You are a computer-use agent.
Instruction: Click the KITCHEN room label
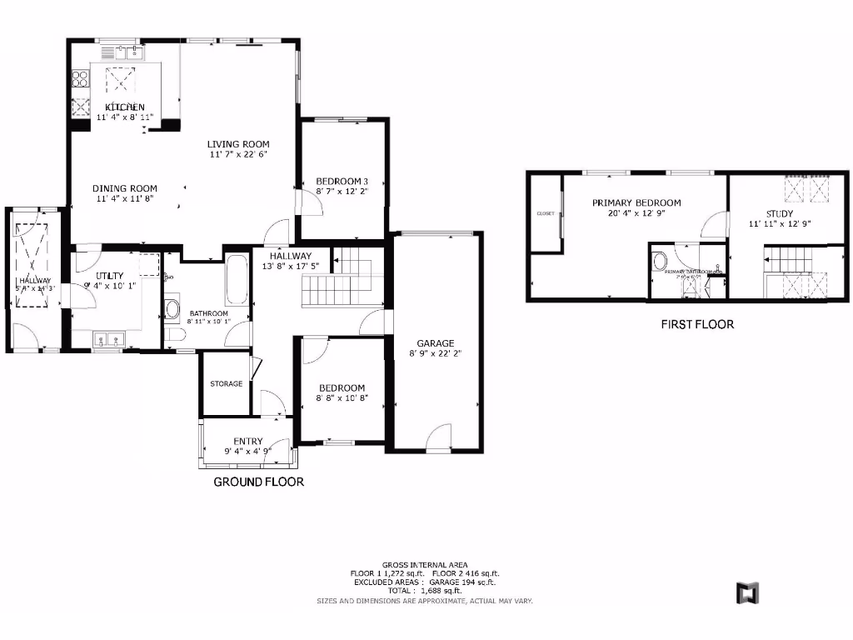point(125,107)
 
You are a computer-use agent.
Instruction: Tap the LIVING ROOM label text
point(238,144)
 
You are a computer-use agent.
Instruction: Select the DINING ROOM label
point(124,188)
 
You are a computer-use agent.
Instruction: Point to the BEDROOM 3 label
point(342,181)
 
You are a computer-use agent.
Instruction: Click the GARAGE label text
point(436,343)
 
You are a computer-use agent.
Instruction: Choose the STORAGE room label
point(227,384)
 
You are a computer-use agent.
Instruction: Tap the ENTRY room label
point(248,441)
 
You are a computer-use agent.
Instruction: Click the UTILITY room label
point(110,275)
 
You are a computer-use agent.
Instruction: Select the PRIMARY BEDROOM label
point(636,202)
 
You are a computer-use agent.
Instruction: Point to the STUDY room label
point(780,213)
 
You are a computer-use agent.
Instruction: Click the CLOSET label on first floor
point(546,213)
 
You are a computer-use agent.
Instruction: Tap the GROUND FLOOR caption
point(259,482)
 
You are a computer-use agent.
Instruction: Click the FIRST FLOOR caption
point(697,324)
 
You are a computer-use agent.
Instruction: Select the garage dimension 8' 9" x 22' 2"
point(436,354)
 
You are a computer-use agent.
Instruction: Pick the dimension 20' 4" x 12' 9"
point(636,212)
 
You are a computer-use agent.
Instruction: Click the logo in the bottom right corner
point(749,592)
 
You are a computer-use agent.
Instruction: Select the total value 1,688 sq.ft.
point(441,590)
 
